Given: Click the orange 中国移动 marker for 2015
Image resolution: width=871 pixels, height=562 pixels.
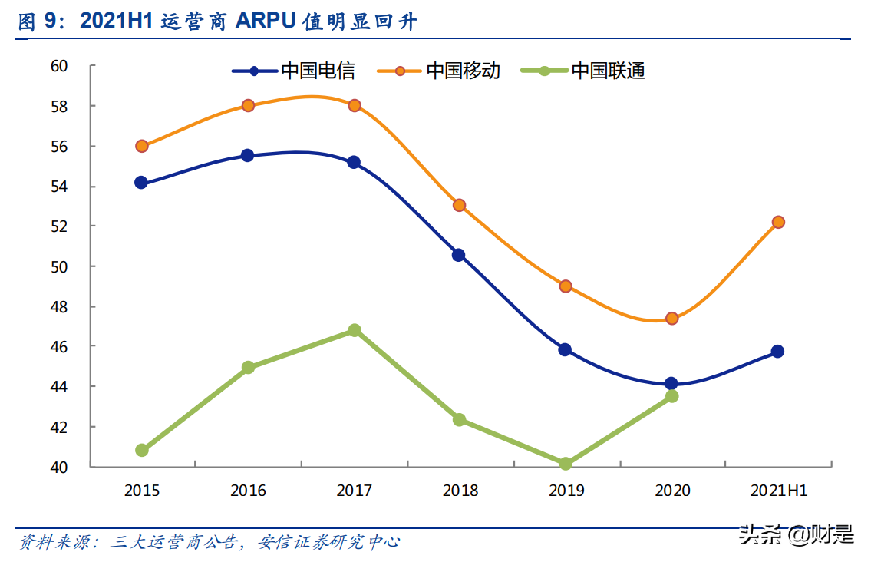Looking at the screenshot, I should [142, 146].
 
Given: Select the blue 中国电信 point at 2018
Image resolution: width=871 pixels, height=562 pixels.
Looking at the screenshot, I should [459, 255].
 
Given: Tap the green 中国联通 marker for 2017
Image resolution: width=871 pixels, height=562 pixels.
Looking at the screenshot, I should [354, 330].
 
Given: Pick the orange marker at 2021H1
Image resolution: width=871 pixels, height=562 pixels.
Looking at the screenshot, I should [777, 222].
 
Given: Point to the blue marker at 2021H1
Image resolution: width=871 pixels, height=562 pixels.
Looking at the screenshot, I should [777, 351].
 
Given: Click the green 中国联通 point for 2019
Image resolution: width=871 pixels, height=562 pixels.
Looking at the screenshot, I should [566, 464].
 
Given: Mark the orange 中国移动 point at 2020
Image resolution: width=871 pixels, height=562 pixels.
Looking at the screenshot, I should [671, 318].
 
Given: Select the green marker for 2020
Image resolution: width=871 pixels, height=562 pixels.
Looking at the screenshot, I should [671, 396].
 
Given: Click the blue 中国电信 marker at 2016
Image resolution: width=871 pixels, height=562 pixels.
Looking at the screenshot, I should [248, 155].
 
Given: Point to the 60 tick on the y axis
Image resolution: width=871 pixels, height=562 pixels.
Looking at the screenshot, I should [60, 66].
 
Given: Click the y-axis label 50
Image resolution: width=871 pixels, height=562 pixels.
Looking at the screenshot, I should [60, 266].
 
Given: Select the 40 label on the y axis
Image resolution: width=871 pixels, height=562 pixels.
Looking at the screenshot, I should [60, 467].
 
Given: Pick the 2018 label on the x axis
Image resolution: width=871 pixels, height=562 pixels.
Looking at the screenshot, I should [459, 491].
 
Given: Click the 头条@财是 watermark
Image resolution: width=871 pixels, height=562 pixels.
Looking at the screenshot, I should [796, 534].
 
